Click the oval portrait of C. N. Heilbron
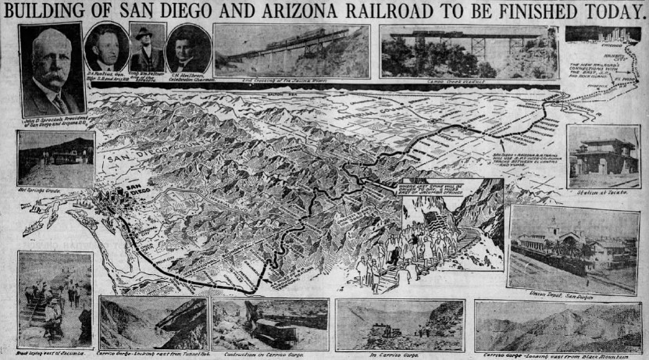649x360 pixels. (x=187, y=48)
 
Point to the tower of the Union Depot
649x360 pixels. (x=553, y=228)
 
